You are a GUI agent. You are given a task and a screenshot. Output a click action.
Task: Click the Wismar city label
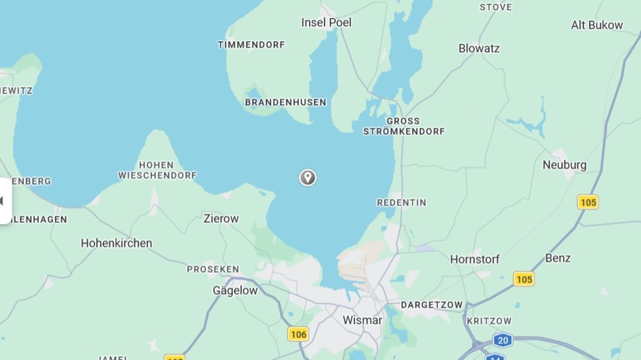[362, 320]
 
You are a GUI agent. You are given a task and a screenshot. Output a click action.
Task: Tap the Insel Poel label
[326, 23]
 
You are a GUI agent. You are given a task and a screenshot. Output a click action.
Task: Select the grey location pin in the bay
[308, 177]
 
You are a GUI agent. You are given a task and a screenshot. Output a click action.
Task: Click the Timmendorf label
[251, 44]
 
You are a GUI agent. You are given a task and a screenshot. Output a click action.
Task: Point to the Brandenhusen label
[285, 102]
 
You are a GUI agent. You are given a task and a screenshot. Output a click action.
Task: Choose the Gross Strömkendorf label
[404, 126]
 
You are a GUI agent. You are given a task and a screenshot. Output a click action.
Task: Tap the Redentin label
[402, 202]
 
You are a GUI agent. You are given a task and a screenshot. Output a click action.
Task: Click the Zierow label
[221, 218]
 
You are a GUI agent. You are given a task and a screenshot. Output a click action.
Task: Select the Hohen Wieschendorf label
[157, 170]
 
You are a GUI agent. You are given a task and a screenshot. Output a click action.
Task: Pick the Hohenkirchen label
[116, 243]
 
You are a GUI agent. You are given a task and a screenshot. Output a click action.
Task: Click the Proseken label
[213, 269]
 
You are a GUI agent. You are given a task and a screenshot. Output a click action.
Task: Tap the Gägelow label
[235, 291]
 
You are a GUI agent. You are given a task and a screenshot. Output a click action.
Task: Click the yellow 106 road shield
[298, 334]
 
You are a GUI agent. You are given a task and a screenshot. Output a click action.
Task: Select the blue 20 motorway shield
[503, 341]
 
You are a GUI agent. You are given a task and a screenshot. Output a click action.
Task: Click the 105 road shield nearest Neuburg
[588, 202]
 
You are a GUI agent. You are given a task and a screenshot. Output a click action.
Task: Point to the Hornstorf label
[475, 259]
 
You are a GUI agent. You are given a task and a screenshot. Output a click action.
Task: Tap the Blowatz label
[479, 48]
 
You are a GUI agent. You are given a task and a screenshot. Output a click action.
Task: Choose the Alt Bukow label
[597, 25]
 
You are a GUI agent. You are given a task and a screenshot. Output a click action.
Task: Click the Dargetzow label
[432, 305]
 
